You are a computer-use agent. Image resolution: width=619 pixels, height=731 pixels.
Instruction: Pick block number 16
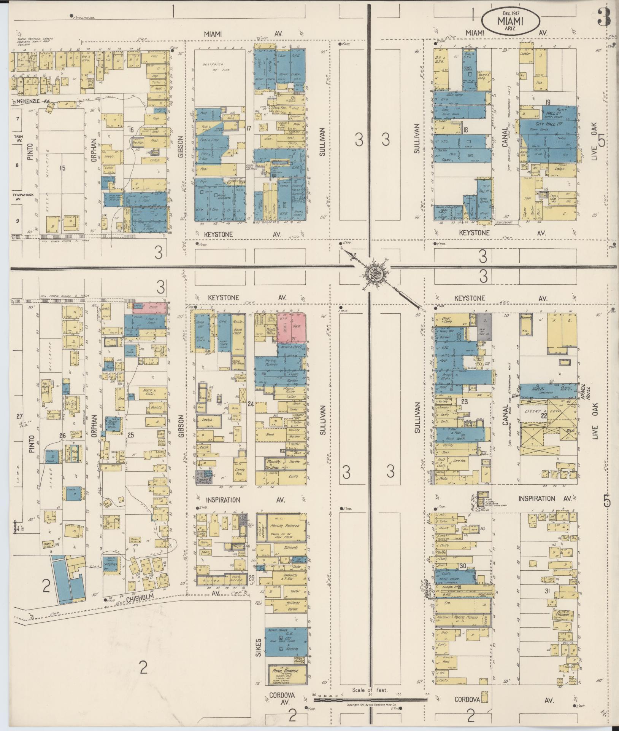pyautogui.click(x=132, y=130)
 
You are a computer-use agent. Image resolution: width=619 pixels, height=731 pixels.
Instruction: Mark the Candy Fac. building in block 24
pyautogui.click(x=240, y=472)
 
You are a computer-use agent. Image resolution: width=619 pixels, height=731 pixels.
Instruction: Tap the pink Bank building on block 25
pyautogui.click(x=154, y=306)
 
